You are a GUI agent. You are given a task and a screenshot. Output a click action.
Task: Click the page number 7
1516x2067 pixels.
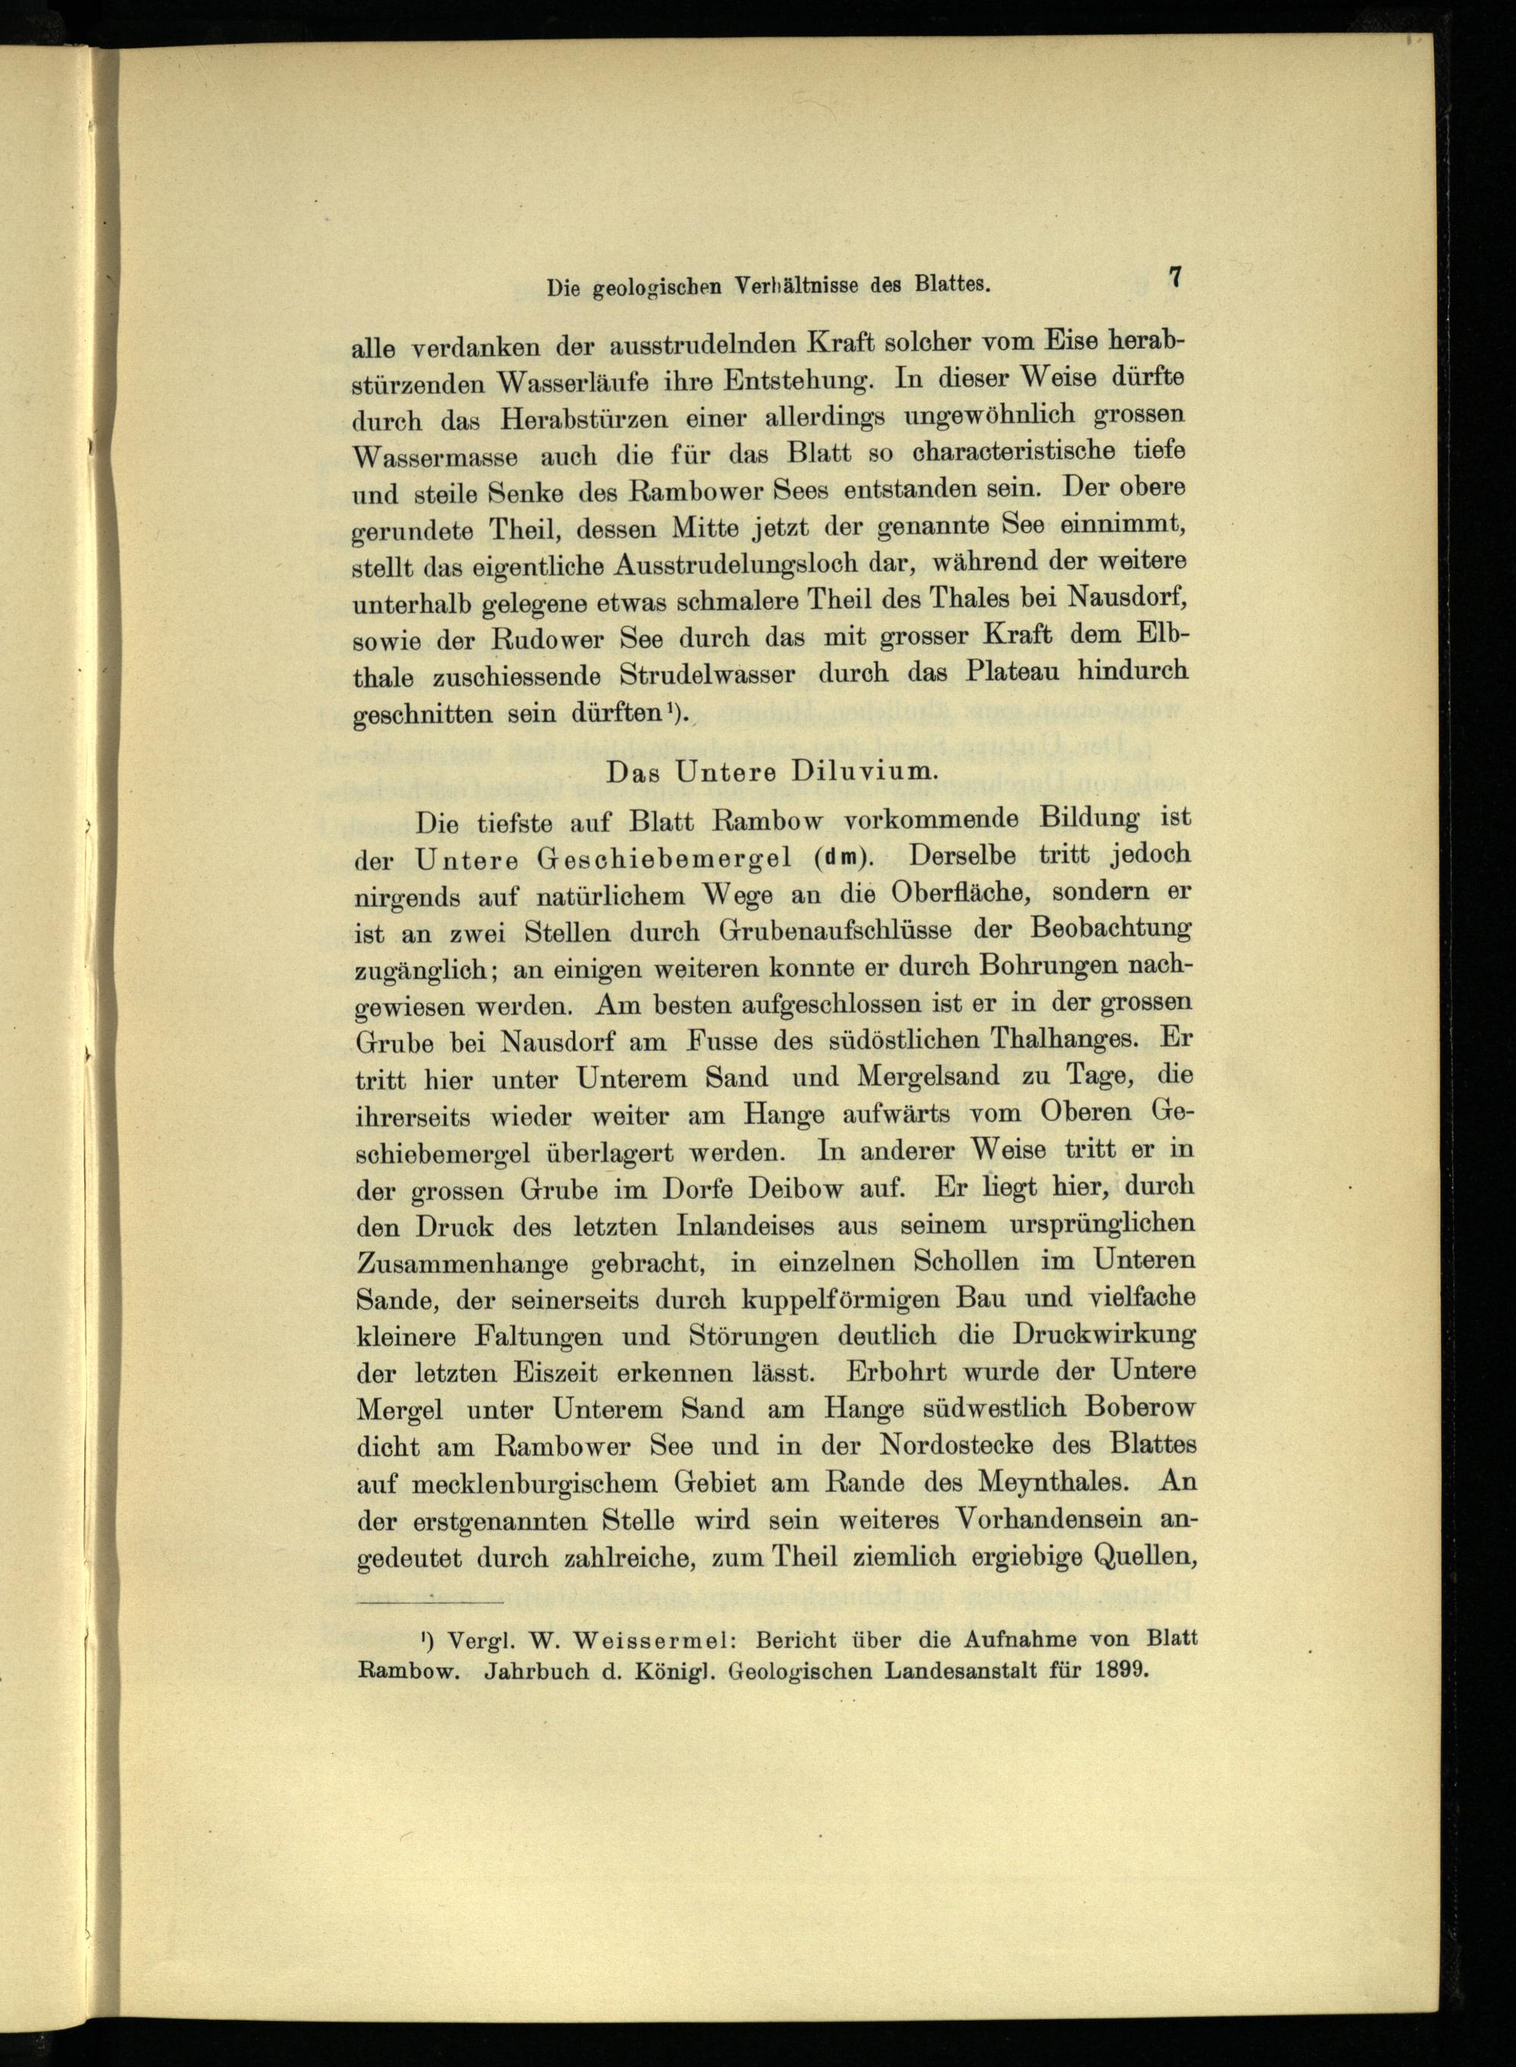pos(1173,278)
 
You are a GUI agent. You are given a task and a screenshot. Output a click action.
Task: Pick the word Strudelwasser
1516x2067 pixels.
pos(706,675)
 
